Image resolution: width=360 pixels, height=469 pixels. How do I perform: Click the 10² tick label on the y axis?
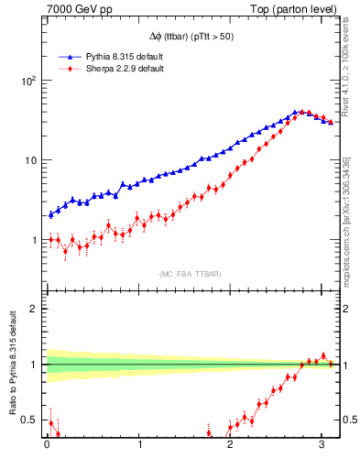point(28,81)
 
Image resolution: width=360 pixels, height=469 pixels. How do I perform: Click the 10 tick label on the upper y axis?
point(30,160)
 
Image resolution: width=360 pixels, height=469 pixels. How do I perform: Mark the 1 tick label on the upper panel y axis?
point(33,240)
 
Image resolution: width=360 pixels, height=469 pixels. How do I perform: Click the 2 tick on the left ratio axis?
point(33,309)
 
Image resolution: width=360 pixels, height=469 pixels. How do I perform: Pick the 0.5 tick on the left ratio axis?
point(28,420)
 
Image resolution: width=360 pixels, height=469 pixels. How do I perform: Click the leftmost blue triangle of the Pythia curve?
point(51,214)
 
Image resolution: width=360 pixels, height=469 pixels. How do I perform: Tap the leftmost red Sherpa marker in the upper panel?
point(51,239)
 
